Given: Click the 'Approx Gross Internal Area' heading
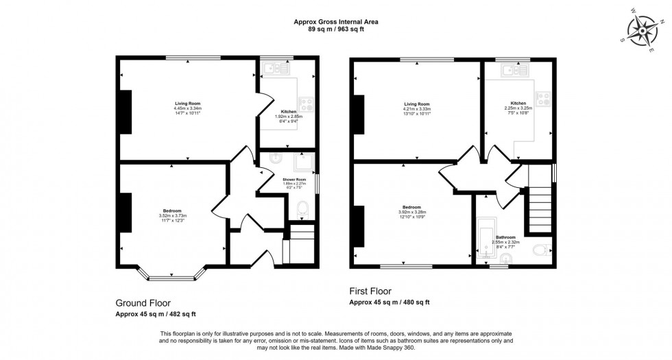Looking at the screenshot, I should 336,22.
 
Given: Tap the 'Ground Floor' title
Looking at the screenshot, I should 143,302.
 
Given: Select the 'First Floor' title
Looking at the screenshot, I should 371,291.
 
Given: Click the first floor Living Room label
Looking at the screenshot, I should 417,104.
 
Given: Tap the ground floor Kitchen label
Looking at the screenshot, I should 289,111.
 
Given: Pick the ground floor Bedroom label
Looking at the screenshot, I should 172,211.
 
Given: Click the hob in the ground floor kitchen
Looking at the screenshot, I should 307,105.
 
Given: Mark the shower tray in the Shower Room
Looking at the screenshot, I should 302,163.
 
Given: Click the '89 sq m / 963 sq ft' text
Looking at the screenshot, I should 336,29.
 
